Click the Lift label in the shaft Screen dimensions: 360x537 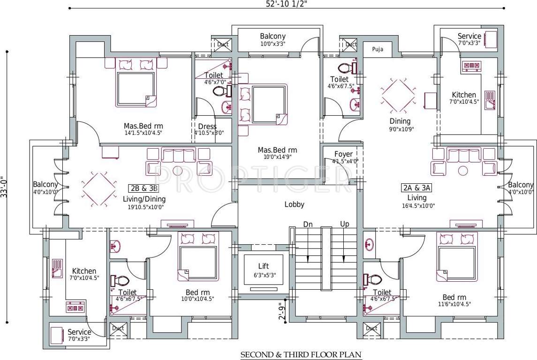click(x=263, y=266)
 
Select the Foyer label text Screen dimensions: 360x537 click(x=344, y=154)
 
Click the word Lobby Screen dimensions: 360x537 click(x=295, y=204)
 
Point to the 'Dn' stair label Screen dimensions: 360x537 click(x=308, y=224)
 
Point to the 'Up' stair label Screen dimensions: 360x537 click(x=345, y=224)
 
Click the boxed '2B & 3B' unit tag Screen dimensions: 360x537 click(x=144, y=188)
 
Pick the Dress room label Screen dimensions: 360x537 click(x=207, y=127)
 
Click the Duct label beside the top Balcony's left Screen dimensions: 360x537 click(x=223, y=45)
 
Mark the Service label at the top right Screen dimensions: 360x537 click(x=469, y=36)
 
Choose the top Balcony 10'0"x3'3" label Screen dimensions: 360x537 click(x=272, y=37)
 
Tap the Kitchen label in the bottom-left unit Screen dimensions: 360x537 click(x=84, y=271)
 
